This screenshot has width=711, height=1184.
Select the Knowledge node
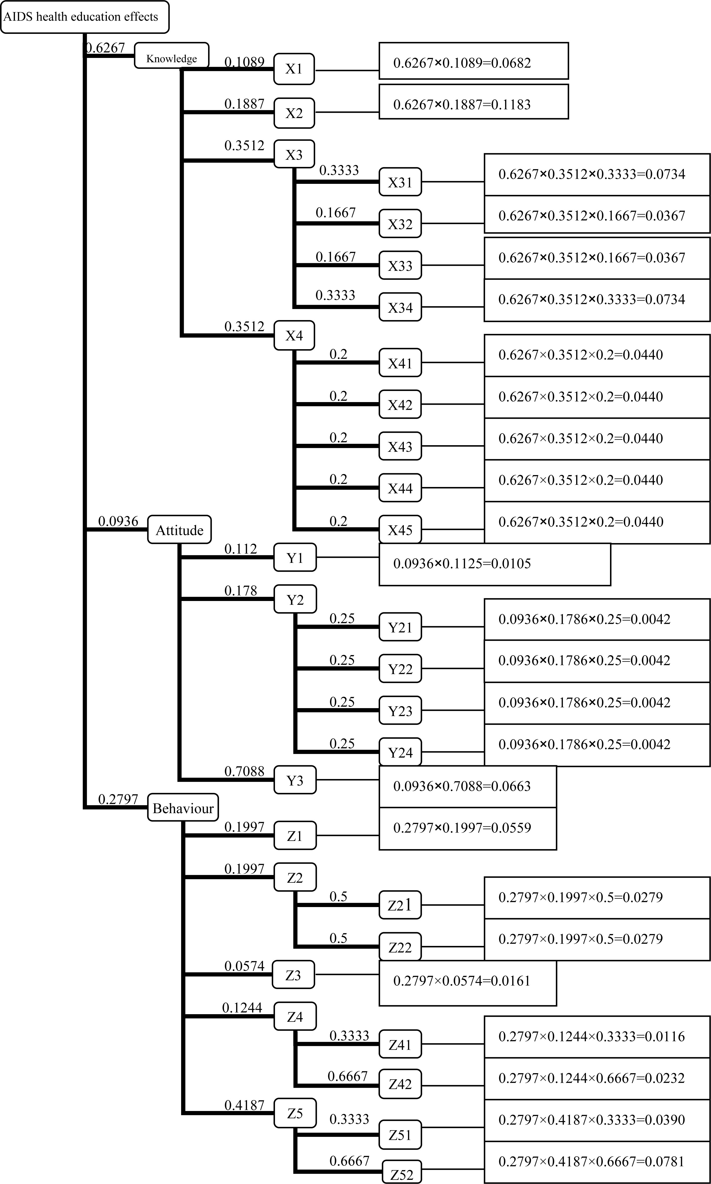click(x=172, y=56)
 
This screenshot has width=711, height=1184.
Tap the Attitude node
click(x=179, y=530)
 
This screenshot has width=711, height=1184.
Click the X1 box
click(x=294, y=69)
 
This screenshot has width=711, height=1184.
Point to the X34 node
click(x=400, y=307)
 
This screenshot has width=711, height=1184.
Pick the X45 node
click(x=400, y=530)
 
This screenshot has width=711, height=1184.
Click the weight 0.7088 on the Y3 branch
click(x=244, y=771)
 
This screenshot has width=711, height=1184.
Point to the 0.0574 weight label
click(x=244, y=966)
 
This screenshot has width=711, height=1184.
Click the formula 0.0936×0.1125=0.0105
click(x=494, y=564)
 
